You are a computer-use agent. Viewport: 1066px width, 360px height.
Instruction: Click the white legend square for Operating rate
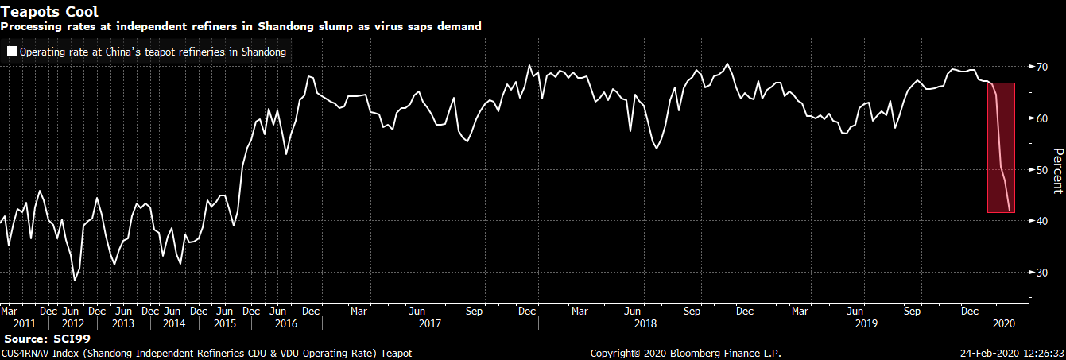[x=11, y=52]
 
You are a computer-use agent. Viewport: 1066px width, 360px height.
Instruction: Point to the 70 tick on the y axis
[x=1040, y=67]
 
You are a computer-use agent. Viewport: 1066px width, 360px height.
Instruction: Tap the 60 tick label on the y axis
[x=1040, y=118]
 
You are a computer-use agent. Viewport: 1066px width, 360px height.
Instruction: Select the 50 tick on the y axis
[x=1040, y=170]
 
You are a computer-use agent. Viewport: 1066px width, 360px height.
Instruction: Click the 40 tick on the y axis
[x=1040, y=221]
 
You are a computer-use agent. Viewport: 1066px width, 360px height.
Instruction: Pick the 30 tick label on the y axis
[x=1040, y=273]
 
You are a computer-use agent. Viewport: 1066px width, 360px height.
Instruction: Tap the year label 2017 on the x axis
[x=429, y=323]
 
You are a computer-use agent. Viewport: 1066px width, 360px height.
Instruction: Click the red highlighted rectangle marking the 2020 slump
[x=1001, y=147]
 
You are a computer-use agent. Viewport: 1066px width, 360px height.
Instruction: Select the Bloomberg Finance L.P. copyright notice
[x=686, y=353]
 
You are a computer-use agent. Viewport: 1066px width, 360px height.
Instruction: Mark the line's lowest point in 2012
[x=75, y=281]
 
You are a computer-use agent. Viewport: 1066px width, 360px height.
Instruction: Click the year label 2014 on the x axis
[x=174, y=323]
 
